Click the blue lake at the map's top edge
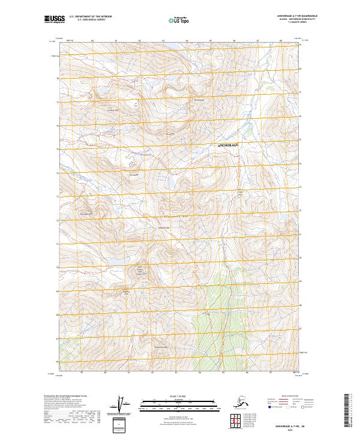170,46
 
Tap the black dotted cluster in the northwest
91,94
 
